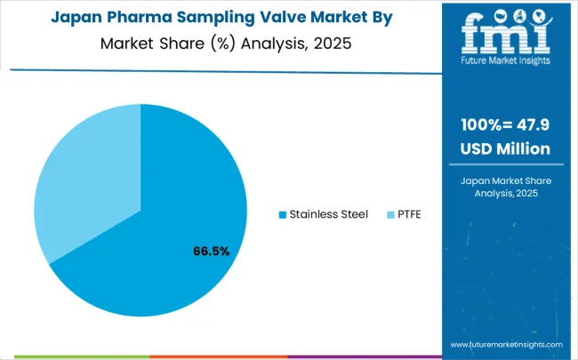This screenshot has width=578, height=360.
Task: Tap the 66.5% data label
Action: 212,252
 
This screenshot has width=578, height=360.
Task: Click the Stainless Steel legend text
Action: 330,214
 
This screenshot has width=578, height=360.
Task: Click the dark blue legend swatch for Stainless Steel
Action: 283,214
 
